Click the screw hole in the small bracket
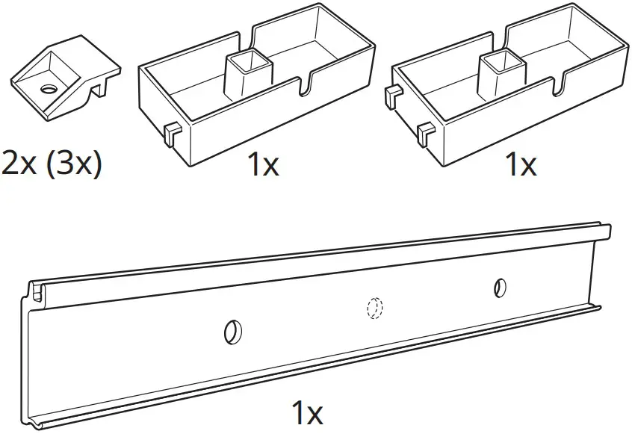click(49, 89)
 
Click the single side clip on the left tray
click(170, 134)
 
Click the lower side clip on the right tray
click(427, 134)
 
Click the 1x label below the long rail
click(305, 412)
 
